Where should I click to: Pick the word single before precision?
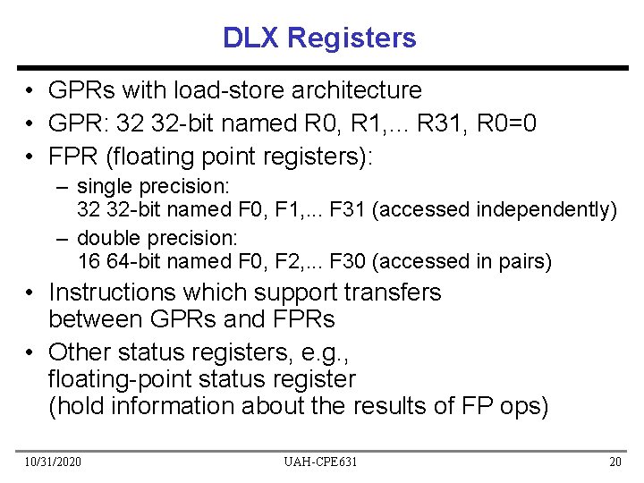105,187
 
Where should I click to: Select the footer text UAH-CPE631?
321,462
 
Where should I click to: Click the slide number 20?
614,462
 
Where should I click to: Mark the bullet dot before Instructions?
30,293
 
